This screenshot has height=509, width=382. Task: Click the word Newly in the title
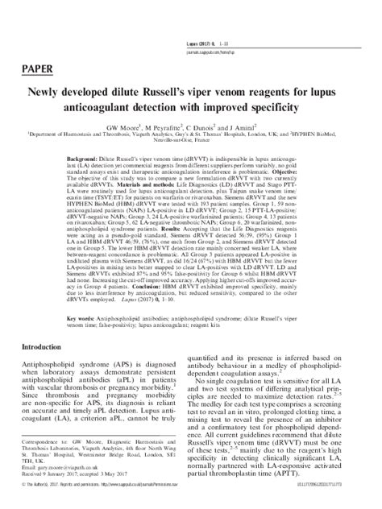[52, 93]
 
